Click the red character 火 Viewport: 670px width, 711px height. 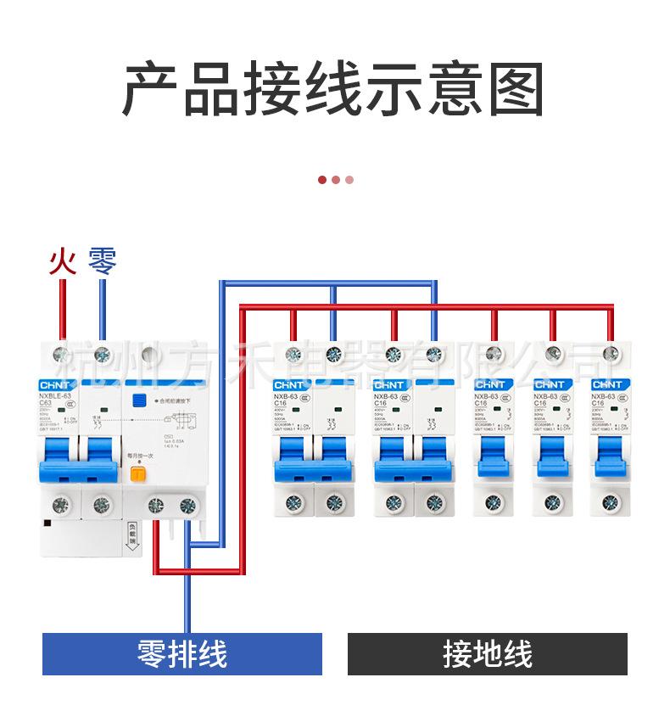coord(62,260)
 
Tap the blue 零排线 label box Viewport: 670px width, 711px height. coord(182,654)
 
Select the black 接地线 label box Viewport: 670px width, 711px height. coord(487,654)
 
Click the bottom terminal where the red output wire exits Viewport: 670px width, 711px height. coord(156,507)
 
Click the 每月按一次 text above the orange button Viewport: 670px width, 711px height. coord(141,456)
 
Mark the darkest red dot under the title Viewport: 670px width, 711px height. coord(322,179)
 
